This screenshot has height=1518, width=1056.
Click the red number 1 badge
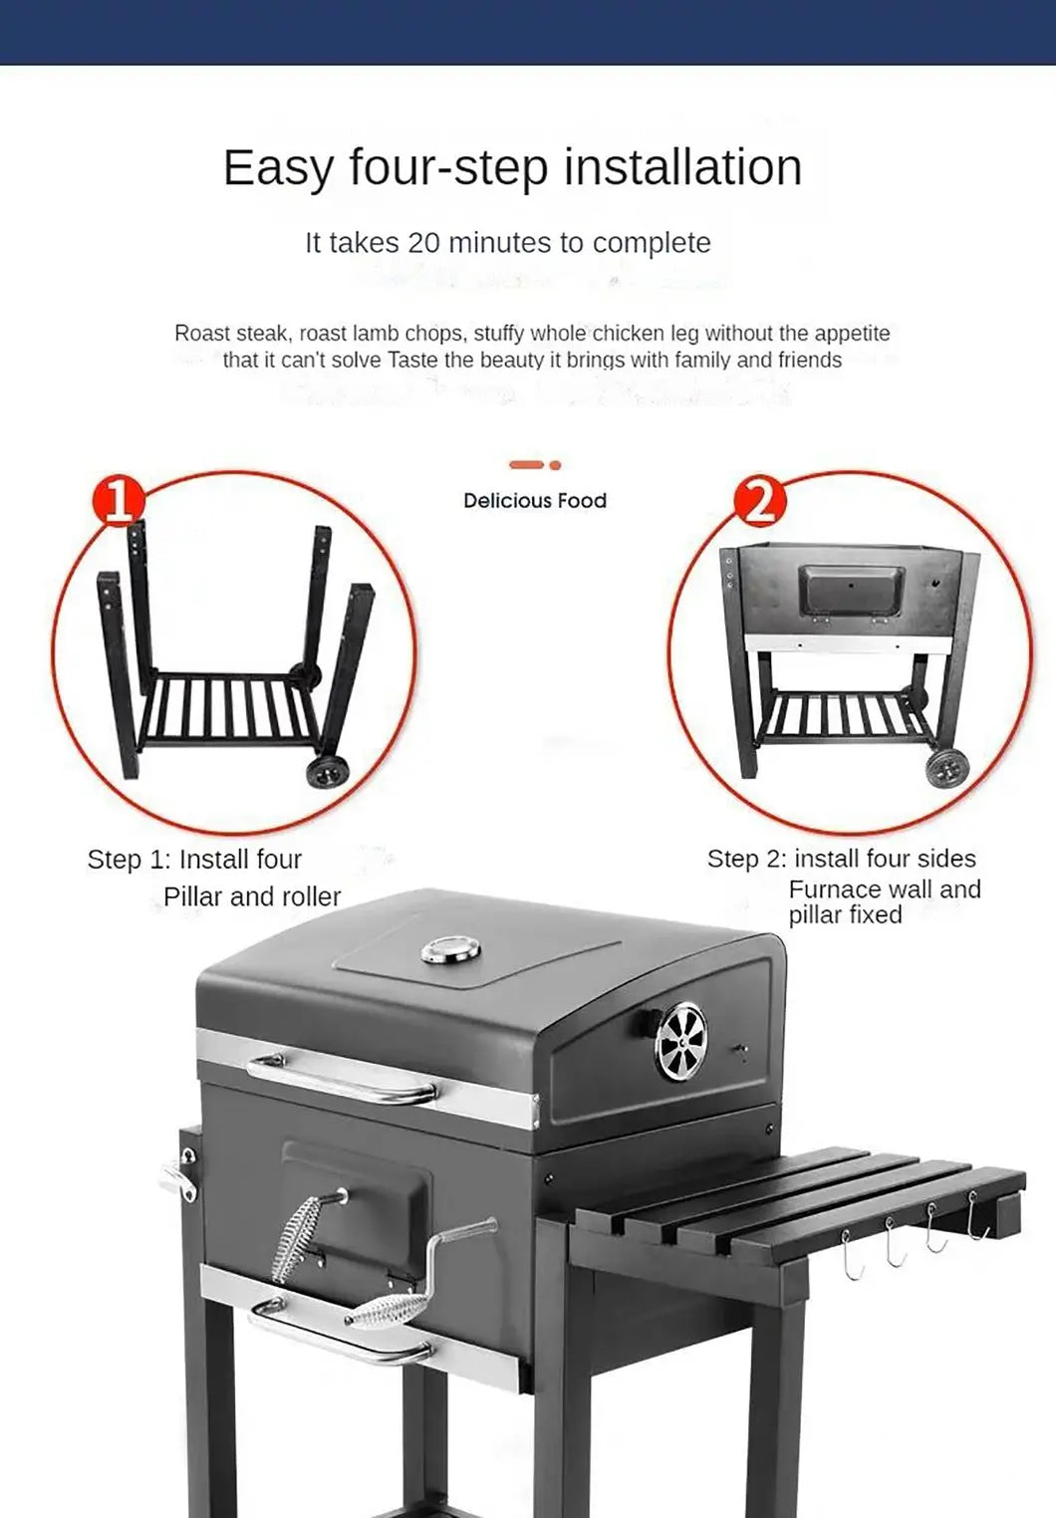pyautogui.click(x=119, y=500)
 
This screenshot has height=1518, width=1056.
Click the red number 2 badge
pyautogui.click(x=759, y=501)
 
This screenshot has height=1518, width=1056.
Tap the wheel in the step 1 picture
pyautogui.click(x=327, y=771)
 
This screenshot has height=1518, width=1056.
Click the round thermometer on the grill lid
pyautogui.click(x=450, y=950)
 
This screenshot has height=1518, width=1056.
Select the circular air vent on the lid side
pyautogui.click(x=680, y=1042)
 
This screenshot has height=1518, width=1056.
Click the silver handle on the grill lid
pyautogui.click(x=341, y=1081)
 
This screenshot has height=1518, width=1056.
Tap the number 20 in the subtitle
pyautogui.click(x=422, y=243)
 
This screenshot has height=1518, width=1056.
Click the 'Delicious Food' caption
pyautogui.click(x=534, y=501)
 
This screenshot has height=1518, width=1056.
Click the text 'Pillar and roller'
pyautogui.click(x=252, y=896)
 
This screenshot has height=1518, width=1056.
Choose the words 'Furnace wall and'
pyautogui.click(x=884, y=888)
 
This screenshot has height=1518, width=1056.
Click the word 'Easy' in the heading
pyautogui.click(x=279, y=167)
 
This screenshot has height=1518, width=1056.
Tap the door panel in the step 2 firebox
pyautogui.click(x=852, y=592)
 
